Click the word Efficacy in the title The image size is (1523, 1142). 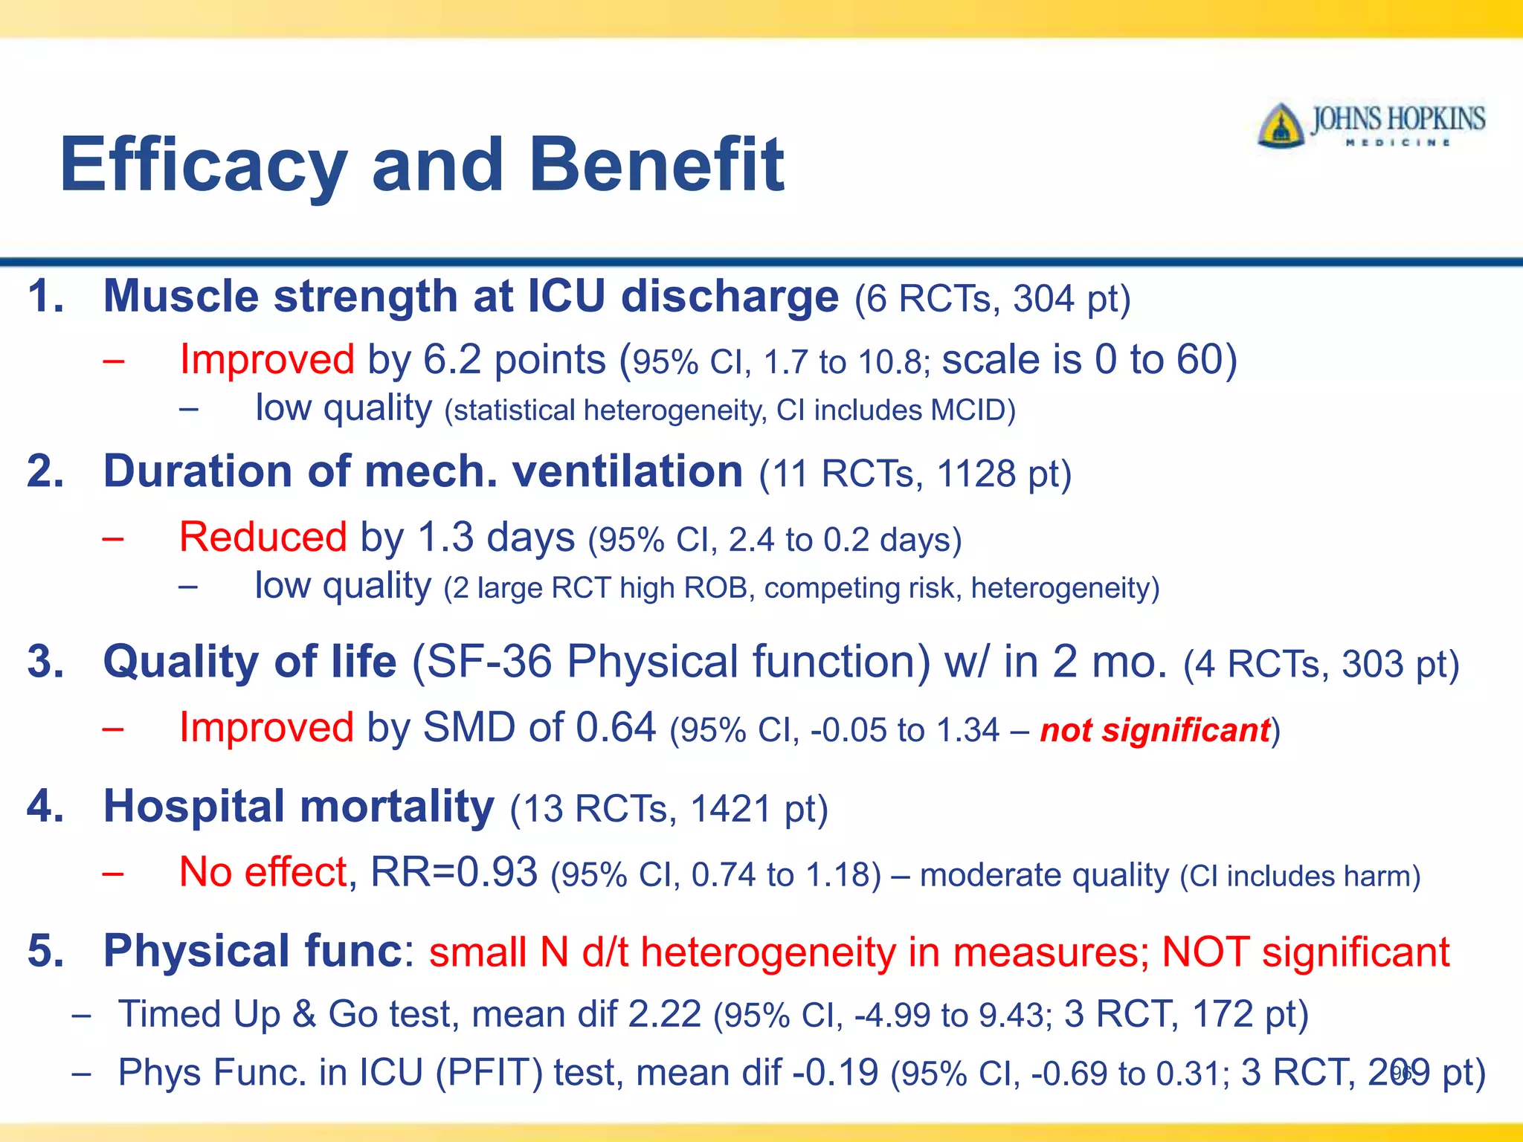coord(203,165)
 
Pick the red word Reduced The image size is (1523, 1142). coord(263,537)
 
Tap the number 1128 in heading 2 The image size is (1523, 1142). coord(976,474)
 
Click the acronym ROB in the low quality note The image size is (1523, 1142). coord(715,588)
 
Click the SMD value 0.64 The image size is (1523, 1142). coord(616,728)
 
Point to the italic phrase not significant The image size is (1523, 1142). coord(1155,730)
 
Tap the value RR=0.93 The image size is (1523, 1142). coord(454,872)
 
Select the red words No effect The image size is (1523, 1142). coord(263,872)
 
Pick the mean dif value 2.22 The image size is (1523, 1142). coord(664,1015)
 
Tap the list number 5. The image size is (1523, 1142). coord(45,952)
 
